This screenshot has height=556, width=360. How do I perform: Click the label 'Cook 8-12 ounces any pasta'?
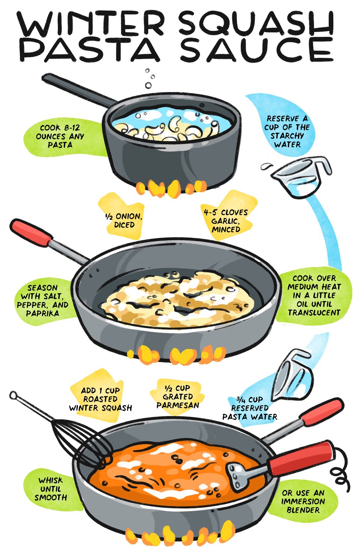pos(60,136)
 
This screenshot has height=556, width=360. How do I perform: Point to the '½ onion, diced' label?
pos(124,220)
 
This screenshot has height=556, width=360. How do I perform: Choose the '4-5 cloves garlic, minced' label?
pos(226,221)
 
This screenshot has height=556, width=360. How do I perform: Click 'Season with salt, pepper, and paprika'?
pos(42,300)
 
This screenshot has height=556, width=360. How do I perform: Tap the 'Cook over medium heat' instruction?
pos(314,295)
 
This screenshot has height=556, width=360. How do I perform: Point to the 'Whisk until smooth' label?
pos(51,489)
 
